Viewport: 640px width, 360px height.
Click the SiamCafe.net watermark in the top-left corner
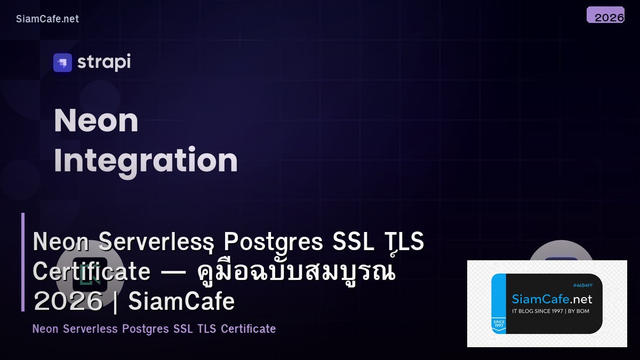tap(47, 19)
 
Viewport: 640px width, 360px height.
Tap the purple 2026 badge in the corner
tap(606, 15)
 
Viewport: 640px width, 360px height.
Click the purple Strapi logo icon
tap(62, 62)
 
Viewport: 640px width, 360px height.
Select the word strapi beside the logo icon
tap(104, 62)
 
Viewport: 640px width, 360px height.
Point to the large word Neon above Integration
tap(96, 121)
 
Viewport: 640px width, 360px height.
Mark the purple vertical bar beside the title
tap(23, 262)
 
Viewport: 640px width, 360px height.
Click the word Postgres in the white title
tap(273, 242)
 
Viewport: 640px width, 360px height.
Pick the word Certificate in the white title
tap(92, 271)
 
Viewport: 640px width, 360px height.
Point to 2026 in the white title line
tap(68, 301)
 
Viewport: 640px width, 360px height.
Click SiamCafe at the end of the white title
tap(181, 301)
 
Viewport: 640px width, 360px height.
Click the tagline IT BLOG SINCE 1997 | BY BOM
tap(550, 311)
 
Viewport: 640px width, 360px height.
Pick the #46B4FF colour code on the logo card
tap(582, 285)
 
